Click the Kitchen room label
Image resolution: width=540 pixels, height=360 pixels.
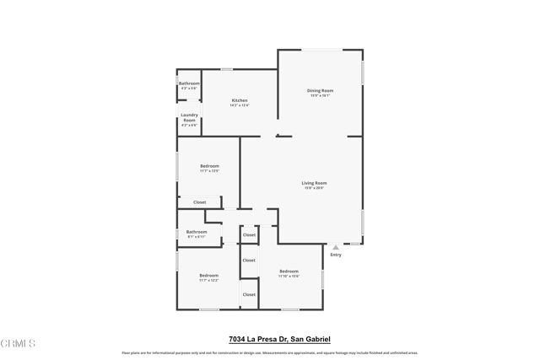pos(240,100)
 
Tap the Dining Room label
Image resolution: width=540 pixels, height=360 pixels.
pos(320,90)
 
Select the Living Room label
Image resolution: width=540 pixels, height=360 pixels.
pos(314,183)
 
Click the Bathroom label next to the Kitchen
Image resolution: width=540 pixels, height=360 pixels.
pos(189,83)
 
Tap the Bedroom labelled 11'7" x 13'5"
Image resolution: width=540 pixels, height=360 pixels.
pos(209,166)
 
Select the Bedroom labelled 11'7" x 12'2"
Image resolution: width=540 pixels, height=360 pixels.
pos(208,276)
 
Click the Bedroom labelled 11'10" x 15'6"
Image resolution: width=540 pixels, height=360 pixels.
pos(289,271)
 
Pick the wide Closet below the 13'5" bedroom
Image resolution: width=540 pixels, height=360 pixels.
pos(200,202)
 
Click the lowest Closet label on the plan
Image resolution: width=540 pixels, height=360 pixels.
pos(249,294)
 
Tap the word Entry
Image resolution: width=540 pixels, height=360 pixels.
pos(336,255)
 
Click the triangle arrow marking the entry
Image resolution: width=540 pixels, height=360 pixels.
pos(336,246)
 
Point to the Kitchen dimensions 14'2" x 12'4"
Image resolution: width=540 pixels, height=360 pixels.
pos(240,105)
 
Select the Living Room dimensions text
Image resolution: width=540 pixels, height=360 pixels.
pos(314,188)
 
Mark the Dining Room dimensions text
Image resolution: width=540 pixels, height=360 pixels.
pos(320,95)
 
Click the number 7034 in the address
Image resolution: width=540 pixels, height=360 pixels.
pos(239,339)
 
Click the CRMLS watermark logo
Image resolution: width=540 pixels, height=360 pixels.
pos(19,344)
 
